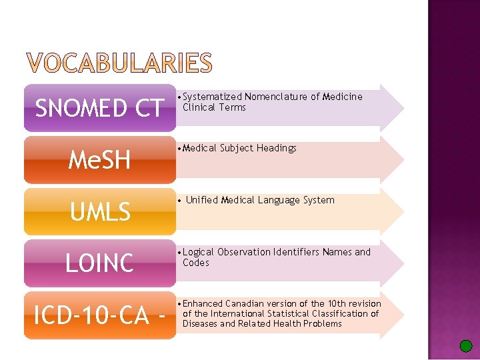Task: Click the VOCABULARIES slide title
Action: [x=119, y=63]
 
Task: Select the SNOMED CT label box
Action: [x=99, y=107]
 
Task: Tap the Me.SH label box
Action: [x=99, y=159]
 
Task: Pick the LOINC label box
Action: [x=99, y=263]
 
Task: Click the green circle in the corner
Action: [x=466, y=345]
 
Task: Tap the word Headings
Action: [x=275, y=148]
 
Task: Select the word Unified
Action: [x=202, y=200]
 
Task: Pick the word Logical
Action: [x=199, y=252]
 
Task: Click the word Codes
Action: [x=196, y=263]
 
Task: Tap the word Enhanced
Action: [x=203, y=303]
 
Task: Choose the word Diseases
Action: [x=199, y=323]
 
